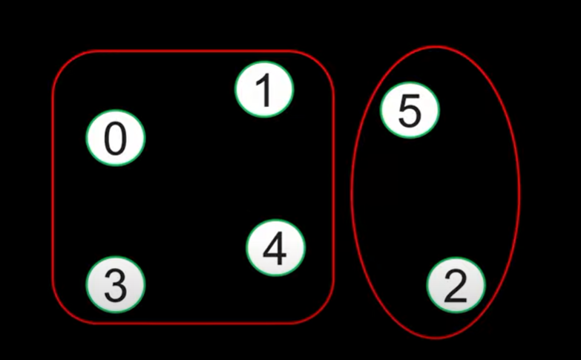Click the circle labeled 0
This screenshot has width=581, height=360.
(116, 138)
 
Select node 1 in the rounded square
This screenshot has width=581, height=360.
(264, 90)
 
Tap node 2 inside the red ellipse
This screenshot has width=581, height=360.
(456, 286)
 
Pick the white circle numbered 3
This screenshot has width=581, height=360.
(116, 284)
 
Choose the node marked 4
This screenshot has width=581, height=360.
(275, 248)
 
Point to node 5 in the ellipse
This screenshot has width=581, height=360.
(410, 111)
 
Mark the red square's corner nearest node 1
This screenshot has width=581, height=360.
(324, 62)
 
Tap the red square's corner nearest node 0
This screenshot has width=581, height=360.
(63, 62)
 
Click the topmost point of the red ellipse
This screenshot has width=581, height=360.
(436, 47)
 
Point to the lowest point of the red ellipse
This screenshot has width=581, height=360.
(435, 338)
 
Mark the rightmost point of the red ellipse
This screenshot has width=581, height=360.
(519, 192)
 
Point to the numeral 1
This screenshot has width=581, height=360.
(263, 91)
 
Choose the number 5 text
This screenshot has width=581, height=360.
(410, 111)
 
